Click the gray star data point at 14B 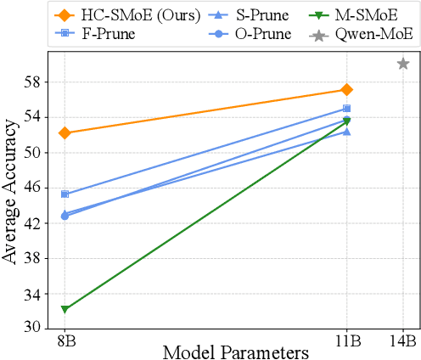(x=403, y=64)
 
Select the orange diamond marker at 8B (x=65, y=132)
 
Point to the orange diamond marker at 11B (x=347, y=89)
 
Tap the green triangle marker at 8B (x=65, y=309)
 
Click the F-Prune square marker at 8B (x=65, y=194)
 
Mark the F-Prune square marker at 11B (x=347, y=108)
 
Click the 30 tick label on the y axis (x=39, y=327)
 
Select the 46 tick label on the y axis (x=39, y=188)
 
